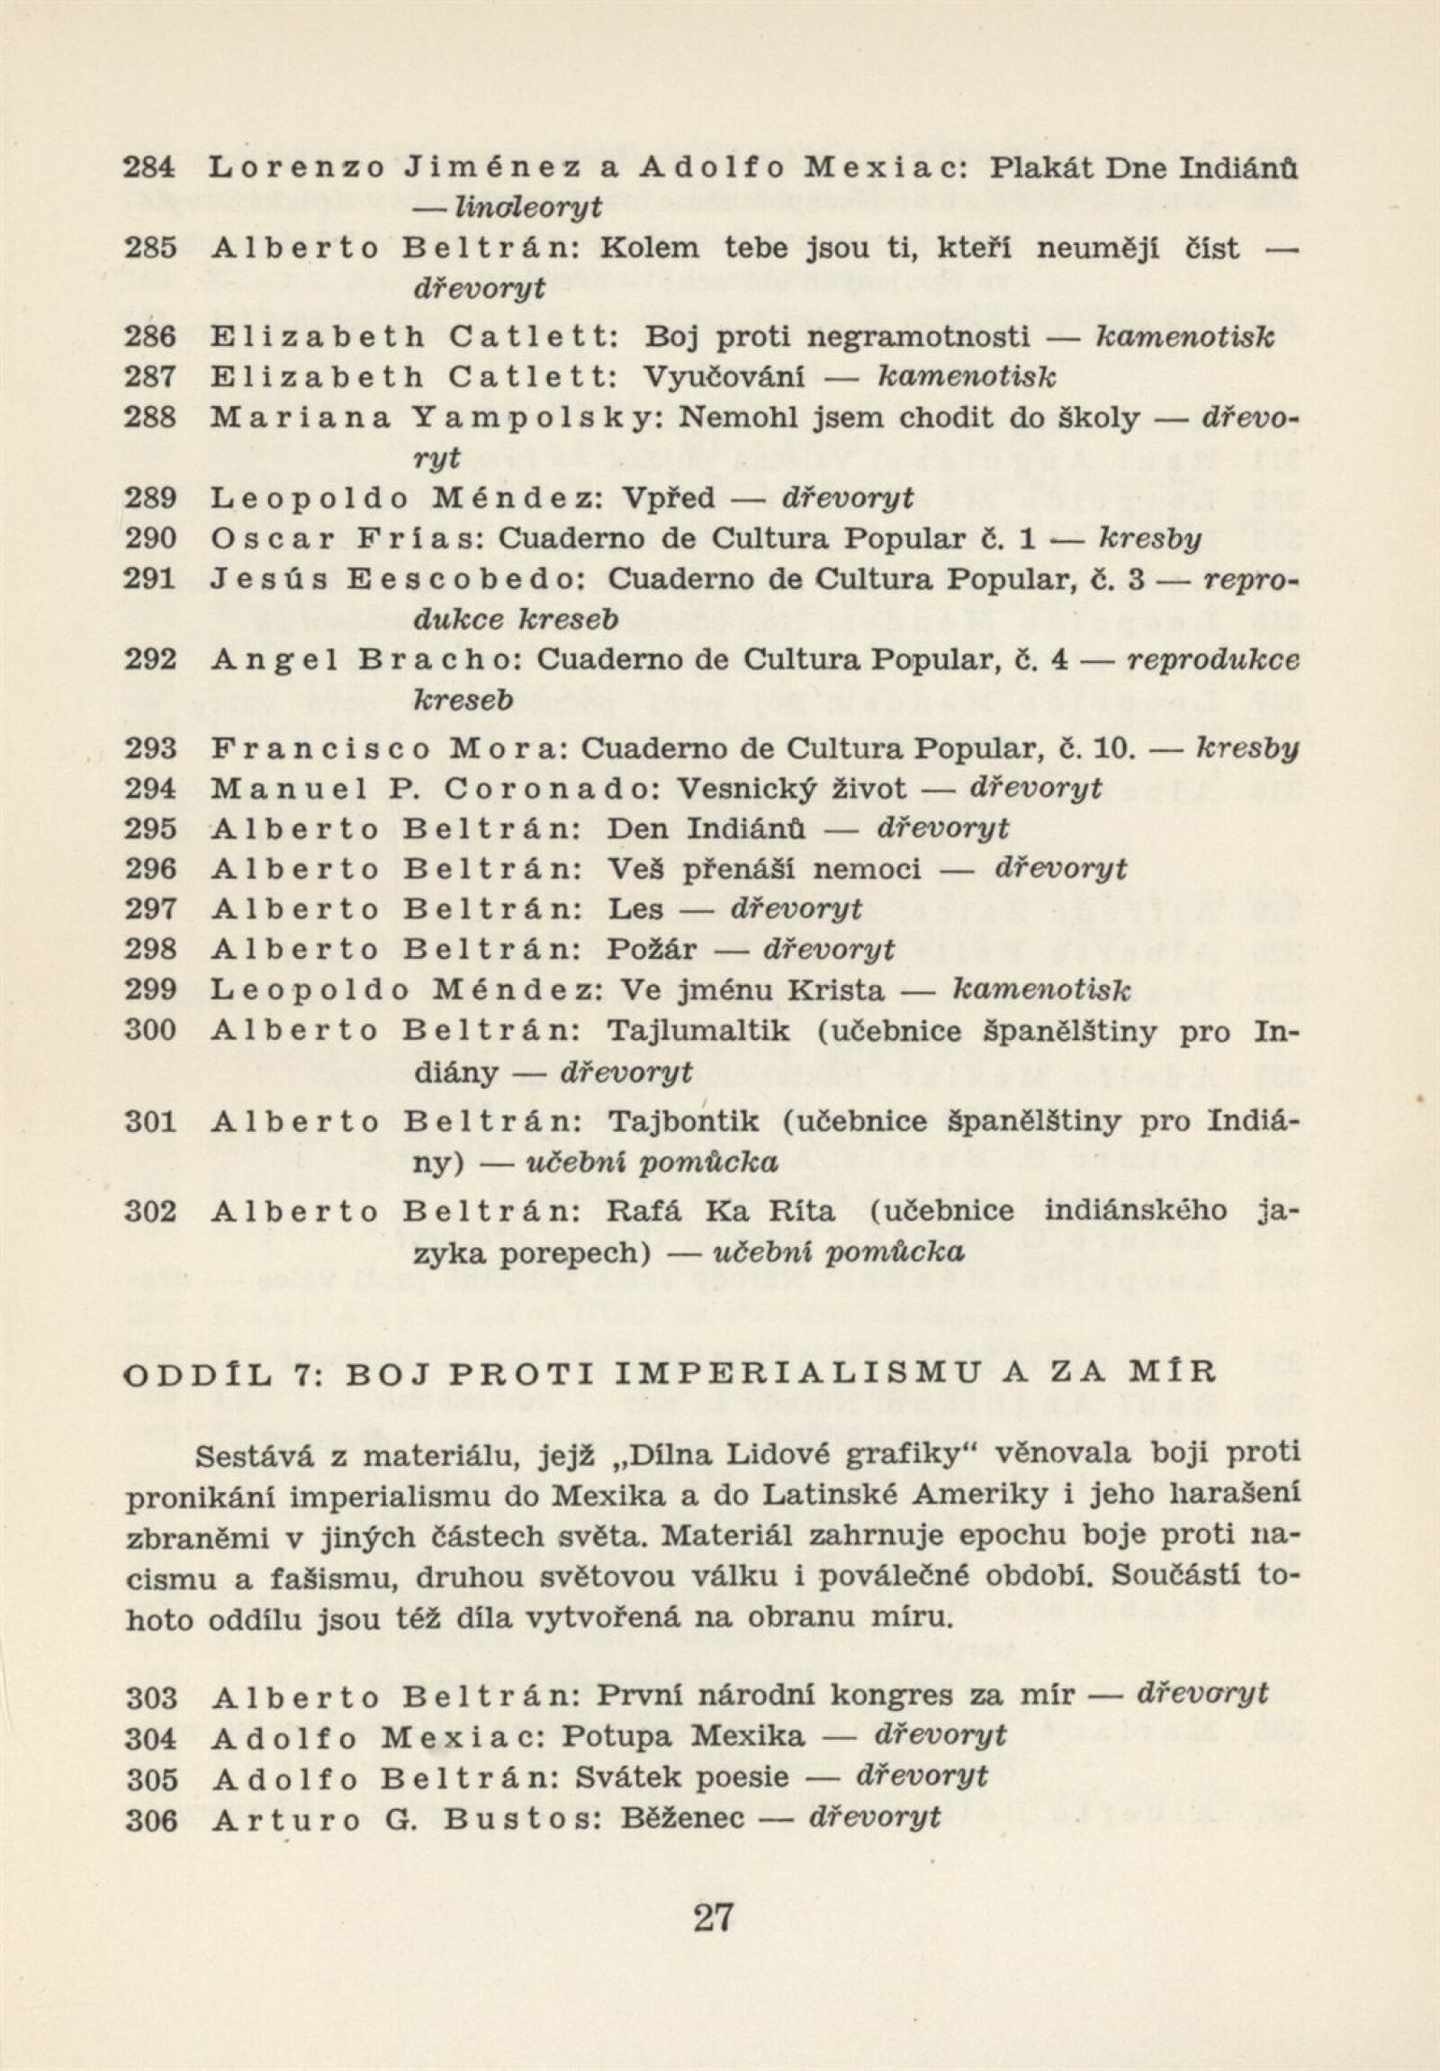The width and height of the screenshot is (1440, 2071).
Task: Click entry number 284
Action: pyautogui.click(x=149, y=167)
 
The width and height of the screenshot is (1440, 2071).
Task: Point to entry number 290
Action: pyautogui.click(x=149, y=538)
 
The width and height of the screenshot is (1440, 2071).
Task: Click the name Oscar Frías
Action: pyautogui.click(x=350, y=538)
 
